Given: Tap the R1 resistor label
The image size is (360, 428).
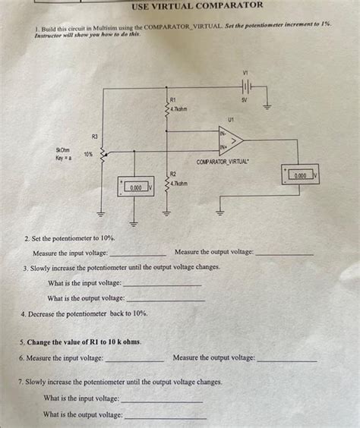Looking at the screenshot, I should (173, 99).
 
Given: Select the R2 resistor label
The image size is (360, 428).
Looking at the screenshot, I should (173, 174).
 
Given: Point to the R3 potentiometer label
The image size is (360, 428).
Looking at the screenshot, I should (94, 136).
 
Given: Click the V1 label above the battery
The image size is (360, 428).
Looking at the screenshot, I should (245, 72).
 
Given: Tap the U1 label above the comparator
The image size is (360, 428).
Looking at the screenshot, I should (230, 119).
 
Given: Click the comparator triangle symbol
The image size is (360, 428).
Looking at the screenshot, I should (232, 140).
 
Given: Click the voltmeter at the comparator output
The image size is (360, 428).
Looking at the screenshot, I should (300, 175).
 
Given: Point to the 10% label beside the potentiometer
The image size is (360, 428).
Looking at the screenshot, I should (88, 154).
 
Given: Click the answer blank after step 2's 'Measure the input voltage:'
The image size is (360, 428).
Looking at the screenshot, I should (137, 253).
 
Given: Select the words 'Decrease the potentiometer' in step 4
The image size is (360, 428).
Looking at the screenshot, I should (68, 313).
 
